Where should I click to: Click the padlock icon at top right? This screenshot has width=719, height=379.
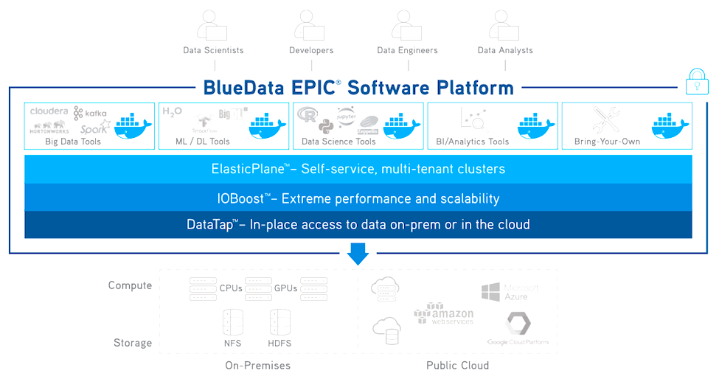click(x=697, y=82)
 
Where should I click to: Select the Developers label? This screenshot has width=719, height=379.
click(x=311, y=50)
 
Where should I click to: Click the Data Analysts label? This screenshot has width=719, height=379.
click(x=505, y=50)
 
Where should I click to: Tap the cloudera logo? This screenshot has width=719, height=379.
click(x=49, y=111)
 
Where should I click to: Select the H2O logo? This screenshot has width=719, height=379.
click(x=172, y=111)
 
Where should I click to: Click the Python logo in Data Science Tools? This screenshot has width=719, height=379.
click(x=327, y=125)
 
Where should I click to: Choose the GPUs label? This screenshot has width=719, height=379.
click(x=285, y=288)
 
